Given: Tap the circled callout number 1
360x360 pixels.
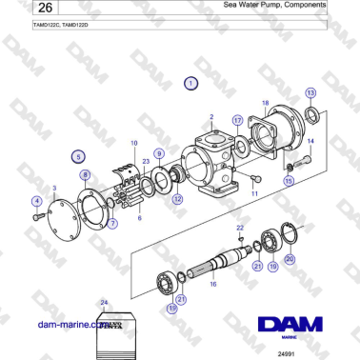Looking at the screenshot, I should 191,84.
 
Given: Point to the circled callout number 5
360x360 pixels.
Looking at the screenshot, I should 77,154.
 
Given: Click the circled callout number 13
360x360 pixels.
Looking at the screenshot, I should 310,92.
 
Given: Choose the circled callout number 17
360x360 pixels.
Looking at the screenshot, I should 238,121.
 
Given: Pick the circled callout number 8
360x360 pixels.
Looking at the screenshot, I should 85,175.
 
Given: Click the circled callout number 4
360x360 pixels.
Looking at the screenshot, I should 37,200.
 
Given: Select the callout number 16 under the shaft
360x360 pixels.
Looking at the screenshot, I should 212,284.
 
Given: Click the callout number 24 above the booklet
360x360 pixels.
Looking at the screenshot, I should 104,302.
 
